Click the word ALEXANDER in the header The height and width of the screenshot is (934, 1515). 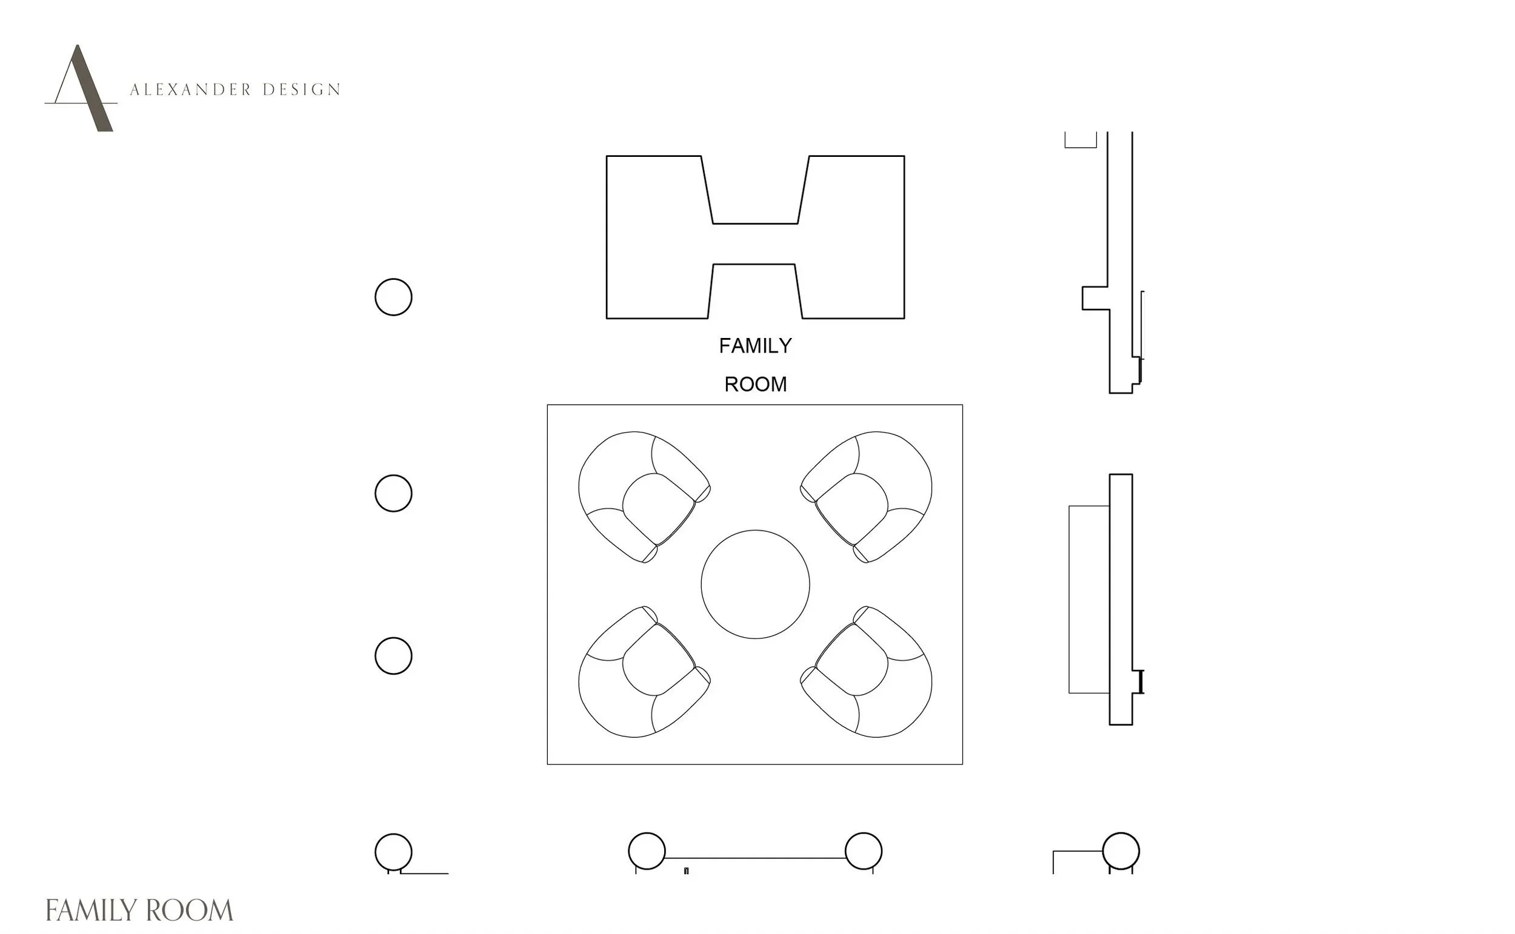(191, 90)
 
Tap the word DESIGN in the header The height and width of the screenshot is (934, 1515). (302, 90)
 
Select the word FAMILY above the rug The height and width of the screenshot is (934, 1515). (755, 346)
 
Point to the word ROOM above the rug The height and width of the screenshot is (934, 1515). (755, 384)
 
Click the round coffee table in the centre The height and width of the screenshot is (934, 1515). (755, 585)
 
